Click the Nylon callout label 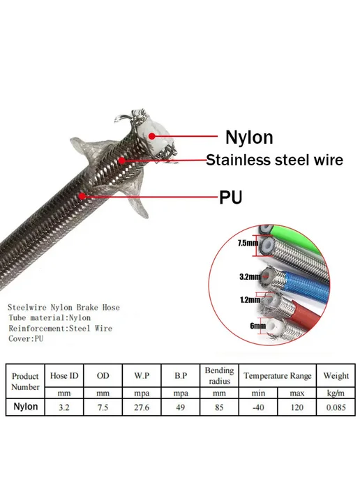(249, 137)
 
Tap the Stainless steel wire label (274, 160)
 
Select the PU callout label (230, 197)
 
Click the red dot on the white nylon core (152, 136)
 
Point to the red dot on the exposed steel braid (122, 160)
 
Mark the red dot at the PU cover (82, 195)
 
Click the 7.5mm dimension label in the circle (248, 243)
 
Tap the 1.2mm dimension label (250, 300)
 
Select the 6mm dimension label (257, 326)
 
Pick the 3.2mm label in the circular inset (250, 277)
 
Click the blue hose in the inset (303, 287)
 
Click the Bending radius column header (219, 375)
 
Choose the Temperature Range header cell (278, 375)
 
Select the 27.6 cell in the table (142, 407)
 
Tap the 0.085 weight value (336, 407)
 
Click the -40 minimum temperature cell (258, 407)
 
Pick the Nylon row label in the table (26, 407)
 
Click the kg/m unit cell (336, 393)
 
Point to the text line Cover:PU (26, 338)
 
